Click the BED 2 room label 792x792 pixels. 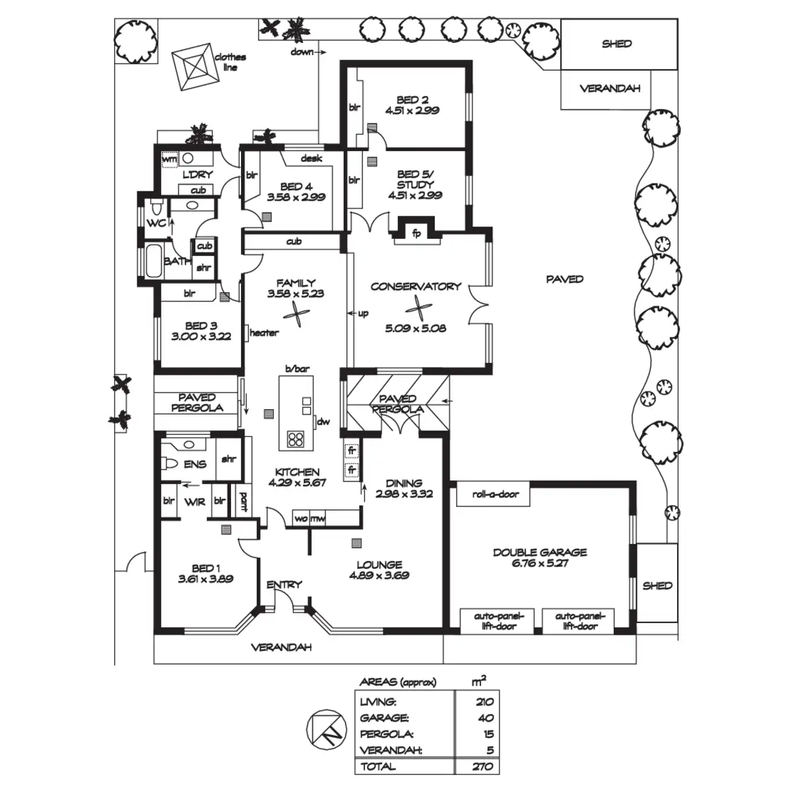409,100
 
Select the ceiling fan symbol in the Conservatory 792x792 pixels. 416,306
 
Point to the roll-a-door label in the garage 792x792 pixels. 496,494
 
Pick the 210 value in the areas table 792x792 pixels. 484,702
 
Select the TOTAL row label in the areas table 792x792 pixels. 378,766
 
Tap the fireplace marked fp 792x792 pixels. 416,233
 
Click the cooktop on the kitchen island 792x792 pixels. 295,439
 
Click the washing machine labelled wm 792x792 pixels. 169,159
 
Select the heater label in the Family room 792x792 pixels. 263,333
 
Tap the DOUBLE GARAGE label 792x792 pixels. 539,552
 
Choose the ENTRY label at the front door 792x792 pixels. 284,584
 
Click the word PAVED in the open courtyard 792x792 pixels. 564,279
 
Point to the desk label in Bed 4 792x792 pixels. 311,158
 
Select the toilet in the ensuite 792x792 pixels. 170,464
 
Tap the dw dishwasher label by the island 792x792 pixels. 323,422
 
